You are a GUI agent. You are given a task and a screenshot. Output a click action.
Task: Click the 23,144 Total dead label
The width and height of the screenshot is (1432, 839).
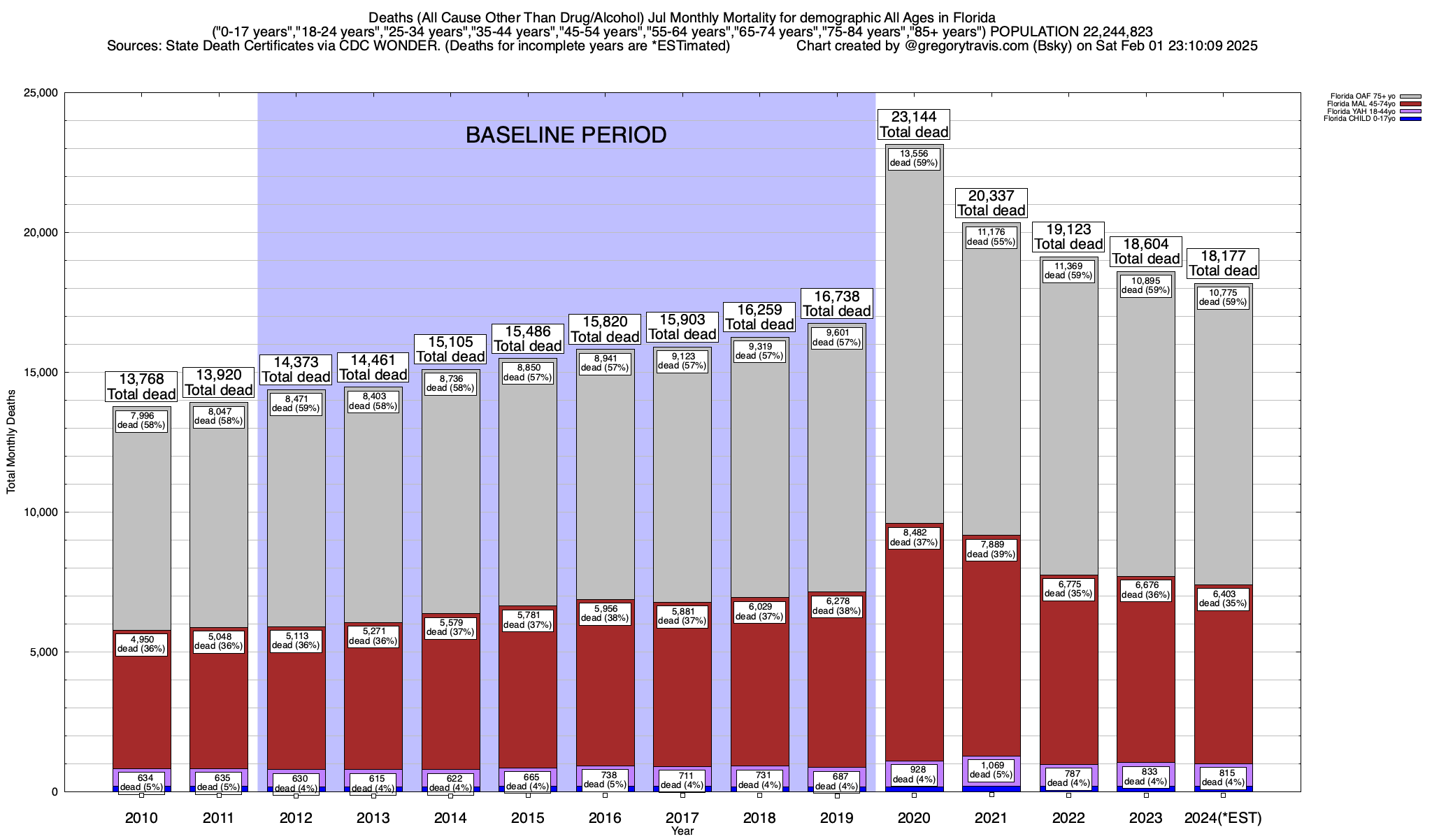point(914,124)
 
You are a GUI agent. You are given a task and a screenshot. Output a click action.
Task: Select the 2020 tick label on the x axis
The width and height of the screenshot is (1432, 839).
point(914,818)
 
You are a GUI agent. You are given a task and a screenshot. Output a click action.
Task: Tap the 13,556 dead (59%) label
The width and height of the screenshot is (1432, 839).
point(914,158)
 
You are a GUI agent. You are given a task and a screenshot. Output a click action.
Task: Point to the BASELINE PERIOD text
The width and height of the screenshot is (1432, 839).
point(566,135)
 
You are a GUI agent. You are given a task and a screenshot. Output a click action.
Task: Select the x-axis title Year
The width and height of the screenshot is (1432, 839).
point(682,831)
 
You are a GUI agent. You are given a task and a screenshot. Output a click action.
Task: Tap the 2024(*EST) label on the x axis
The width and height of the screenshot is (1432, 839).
point(1223,818)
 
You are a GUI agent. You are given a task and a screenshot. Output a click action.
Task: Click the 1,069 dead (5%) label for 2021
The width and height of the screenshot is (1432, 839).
point(991,770)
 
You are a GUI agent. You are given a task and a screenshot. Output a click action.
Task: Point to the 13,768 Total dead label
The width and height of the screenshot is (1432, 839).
point(142,386)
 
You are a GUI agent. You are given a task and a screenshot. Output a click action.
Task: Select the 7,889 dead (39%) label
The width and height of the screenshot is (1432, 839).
point(991,549)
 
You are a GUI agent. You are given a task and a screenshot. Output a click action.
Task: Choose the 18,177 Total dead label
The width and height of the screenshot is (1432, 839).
point(1223,264)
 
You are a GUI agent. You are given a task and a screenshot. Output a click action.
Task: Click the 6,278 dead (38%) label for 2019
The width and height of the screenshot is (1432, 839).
point(837,605)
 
